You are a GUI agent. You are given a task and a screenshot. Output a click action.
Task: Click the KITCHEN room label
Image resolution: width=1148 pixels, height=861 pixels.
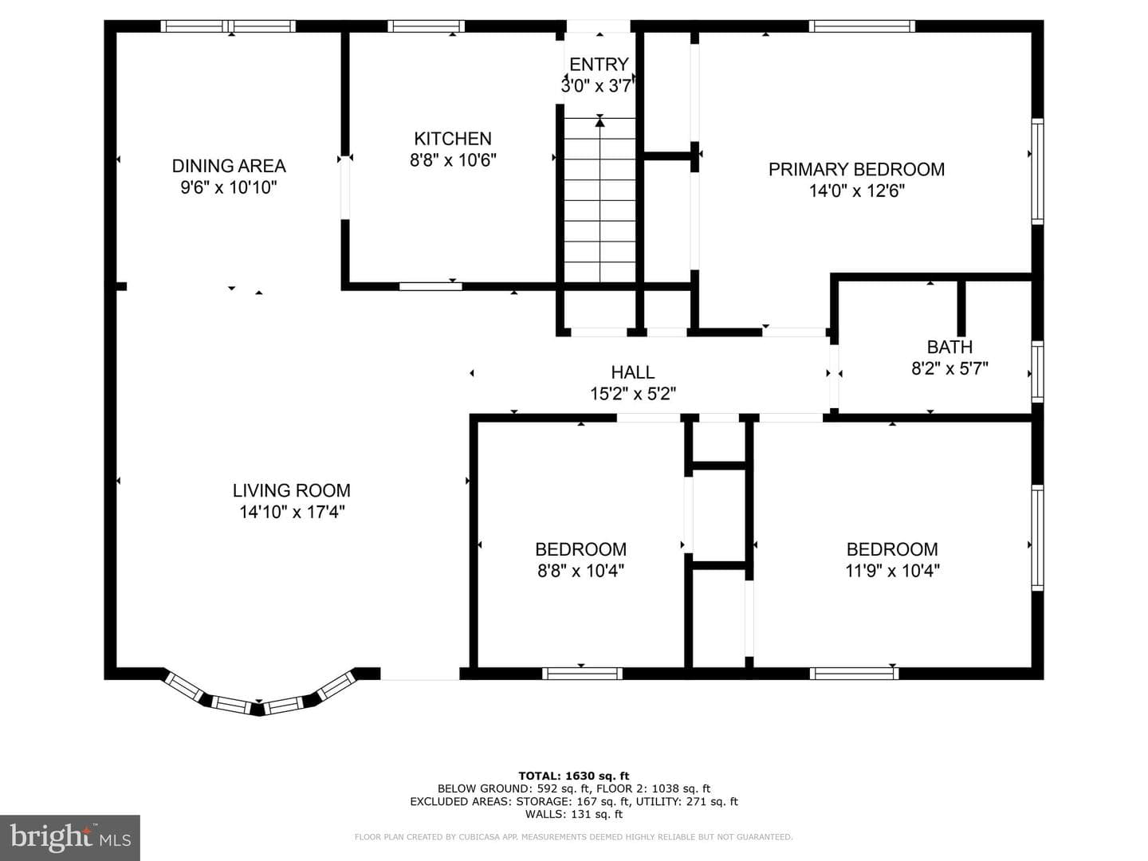point(452,139)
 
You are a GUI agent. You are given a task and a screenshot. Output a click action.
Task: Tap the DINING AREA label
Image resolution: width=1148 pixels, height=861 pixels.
point(229,166)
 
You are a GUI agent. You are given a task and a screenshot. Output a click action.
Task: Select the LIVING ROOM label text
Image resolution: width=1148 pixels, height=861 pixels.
point(291,490)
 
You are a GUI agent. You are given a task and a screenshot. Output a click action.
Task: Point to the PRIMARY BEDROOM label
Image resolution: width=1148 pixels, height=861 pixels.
point(856,169)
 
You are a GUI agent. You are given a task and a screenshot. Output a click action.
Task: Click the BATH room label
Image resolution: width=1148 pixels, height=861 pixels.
point(949,347)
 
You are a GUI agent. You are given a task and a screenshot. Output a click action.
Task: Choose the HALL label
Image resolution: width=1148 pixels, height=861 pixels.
point(633,372)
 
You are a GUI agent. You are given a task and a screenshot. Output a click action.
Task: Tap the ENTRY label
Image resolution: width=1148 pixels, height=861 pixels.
point(599,65)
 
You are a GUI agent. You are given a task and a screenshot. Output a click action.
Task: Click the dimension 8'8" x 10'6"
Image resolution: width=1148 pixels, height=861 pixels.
point(453,160)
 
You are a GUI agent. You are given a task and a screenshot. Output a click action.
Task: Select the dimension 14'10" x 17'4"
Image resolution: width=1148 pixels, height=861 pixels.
point(292,512)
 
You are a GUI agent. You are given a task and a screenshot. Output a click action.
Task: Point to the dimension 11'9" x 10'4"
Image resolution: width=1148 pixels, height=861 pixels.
point(892,570)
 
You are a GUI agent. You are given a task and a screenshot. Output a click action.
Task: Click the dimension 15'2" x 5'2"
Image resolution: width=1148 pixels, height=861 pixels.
point(633,394)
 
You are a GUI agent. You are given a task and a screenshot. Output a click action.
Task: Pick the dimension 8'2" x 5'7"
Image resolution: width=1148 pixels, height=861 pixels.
point(949,368)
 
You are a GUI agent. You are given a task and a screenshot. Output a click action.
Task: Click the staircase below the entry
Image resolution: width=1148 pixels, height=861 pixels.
point(600,199)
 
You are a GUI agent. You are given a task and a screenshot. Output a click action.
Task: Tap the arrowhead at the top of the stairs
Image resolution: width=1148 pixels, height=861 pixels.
point(600,122)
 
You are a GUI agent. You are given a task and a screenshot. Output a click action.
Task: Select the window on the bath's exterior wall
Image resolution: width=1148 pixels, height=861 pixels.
point(1038,372)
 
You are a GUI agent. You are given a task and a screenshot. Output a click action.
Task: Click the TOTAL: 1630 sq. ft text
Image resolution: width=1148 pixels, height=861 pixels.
point(574,776)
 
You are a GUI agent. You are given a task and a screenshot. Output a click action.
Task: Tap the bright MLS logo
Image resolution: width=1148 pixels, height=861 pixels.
point(70,838)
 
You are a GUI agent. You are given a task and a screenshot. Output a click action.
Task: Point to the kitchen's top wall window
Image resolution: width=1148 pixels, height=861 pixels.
point(426,26)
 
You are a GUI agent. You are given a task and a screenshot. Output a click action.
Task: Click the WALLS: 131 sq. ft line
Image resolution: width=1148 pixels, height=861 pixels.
point(574,814)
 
